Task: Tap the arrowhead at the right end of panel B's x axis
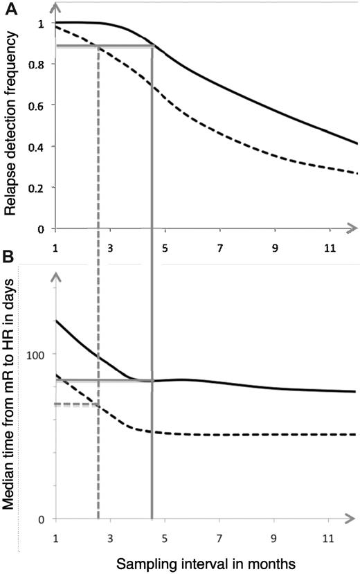click(353, 519)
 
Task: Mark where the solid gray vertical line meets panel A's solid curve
click(152, 46)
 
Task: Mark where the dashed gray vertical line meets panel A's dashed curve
click(98, 46)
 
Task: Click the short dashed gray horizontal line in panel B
click(76, 404)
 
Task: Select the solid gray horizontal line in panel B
click(104, 380)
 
